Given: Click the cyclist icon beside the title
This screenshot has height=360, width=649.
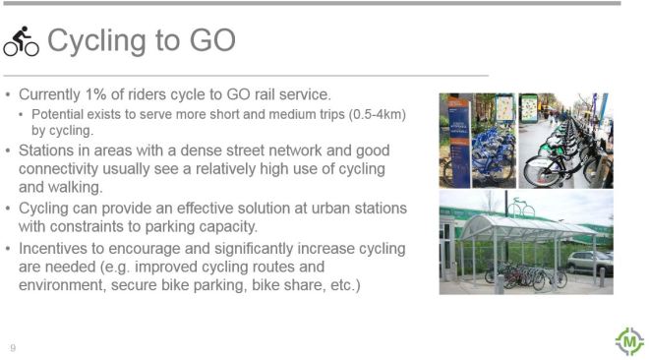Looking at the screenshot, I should tap(21, 41).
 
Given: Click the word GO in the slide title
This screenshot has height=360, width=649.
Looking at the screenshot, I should tap(211, 41).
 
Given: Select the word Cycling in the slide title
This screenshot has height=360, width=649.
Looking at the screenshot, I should tap(101, 41).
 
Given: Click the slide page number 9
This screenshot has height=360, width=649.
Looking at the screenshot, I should tap(13, 347).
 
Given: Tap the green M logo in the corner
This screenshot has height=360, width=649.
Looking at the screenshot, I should tap(627, 340).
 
